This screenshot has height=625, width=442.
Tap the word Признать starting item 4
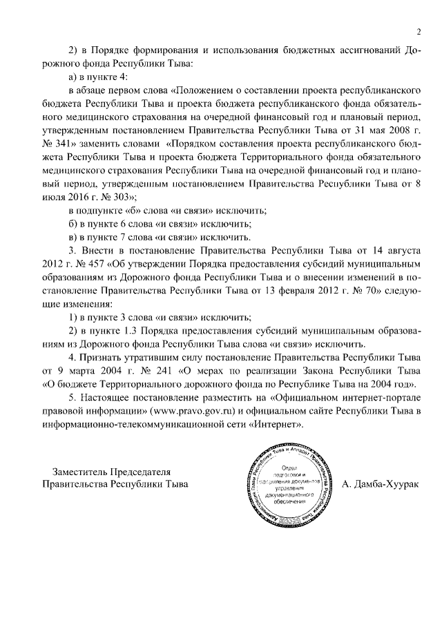pyautogui.click(x=106, y=357)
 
